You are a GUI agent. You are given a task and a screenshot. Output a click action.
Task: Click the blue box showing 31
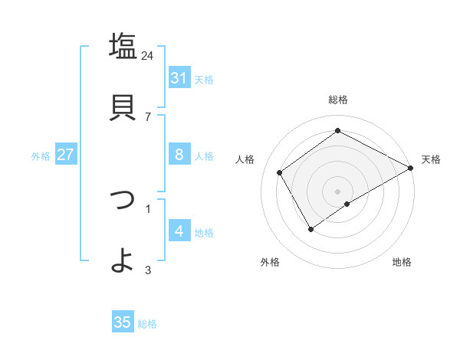[179, 78]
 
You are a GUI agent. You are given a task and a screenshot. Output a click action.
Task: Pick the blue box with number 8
[179, 155]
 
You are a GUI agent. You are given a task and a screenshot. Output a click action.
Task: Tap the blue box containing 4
[179, 231]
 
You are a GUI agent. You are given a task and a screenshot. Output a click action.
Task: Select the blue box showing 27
[65, 155]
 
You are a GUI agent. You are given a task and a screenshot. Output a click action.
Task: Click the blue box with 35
[123, 322]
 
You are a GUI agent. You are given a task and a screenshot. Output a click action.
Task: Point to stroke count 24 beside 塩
[148, 55]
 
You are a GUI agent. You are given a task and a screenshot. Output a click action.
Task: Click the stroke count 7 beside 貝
[147, 116]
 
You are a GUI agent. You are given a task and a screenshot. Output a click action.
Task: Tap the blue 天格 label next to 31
[204, 79]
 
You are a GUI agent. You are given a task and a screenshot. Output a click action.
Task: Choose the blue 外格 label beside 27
[41, 155]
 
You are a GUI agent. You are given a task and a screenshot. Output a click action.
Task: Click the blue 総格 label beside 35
[147, 324]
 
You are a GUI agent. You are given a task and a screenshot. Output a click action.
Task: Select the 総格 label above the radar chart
[338, 100]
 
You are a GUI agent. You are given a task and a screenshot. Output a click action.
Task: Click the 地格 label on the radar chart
[402, 262]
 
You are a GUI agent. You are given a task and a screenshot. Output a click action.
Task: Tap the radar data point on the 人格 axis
[280, 173]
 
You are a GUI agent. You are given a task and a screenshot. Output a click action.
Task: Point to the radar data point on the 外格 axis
[310, 229]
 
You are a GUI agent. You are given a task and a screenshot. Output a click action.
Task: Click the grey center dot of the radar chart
[338, 191]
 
